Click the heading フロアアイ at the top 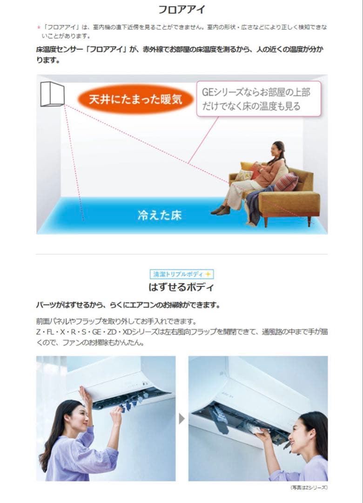[x=181, y=9]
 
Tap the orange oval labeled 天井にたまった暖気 [x=135, y=99]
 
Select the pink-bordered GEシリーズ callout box [x=259, y=99]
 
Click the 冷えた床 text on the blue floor [x=159, y=216]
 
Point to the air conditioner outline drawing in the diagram [x=52, y=94]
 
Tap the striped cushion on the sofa [x=286, y=182]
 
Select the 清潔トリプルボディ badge [x=181, y=274]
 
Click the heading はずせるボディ [x=181, y=287]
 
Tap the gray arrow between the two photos [x=181, y=419]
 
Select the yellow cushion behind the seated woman [x=247, y=166]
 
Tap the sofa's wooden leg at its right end [x=309, y=221]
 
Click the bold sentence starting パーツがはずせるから [x=128, y=305]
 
